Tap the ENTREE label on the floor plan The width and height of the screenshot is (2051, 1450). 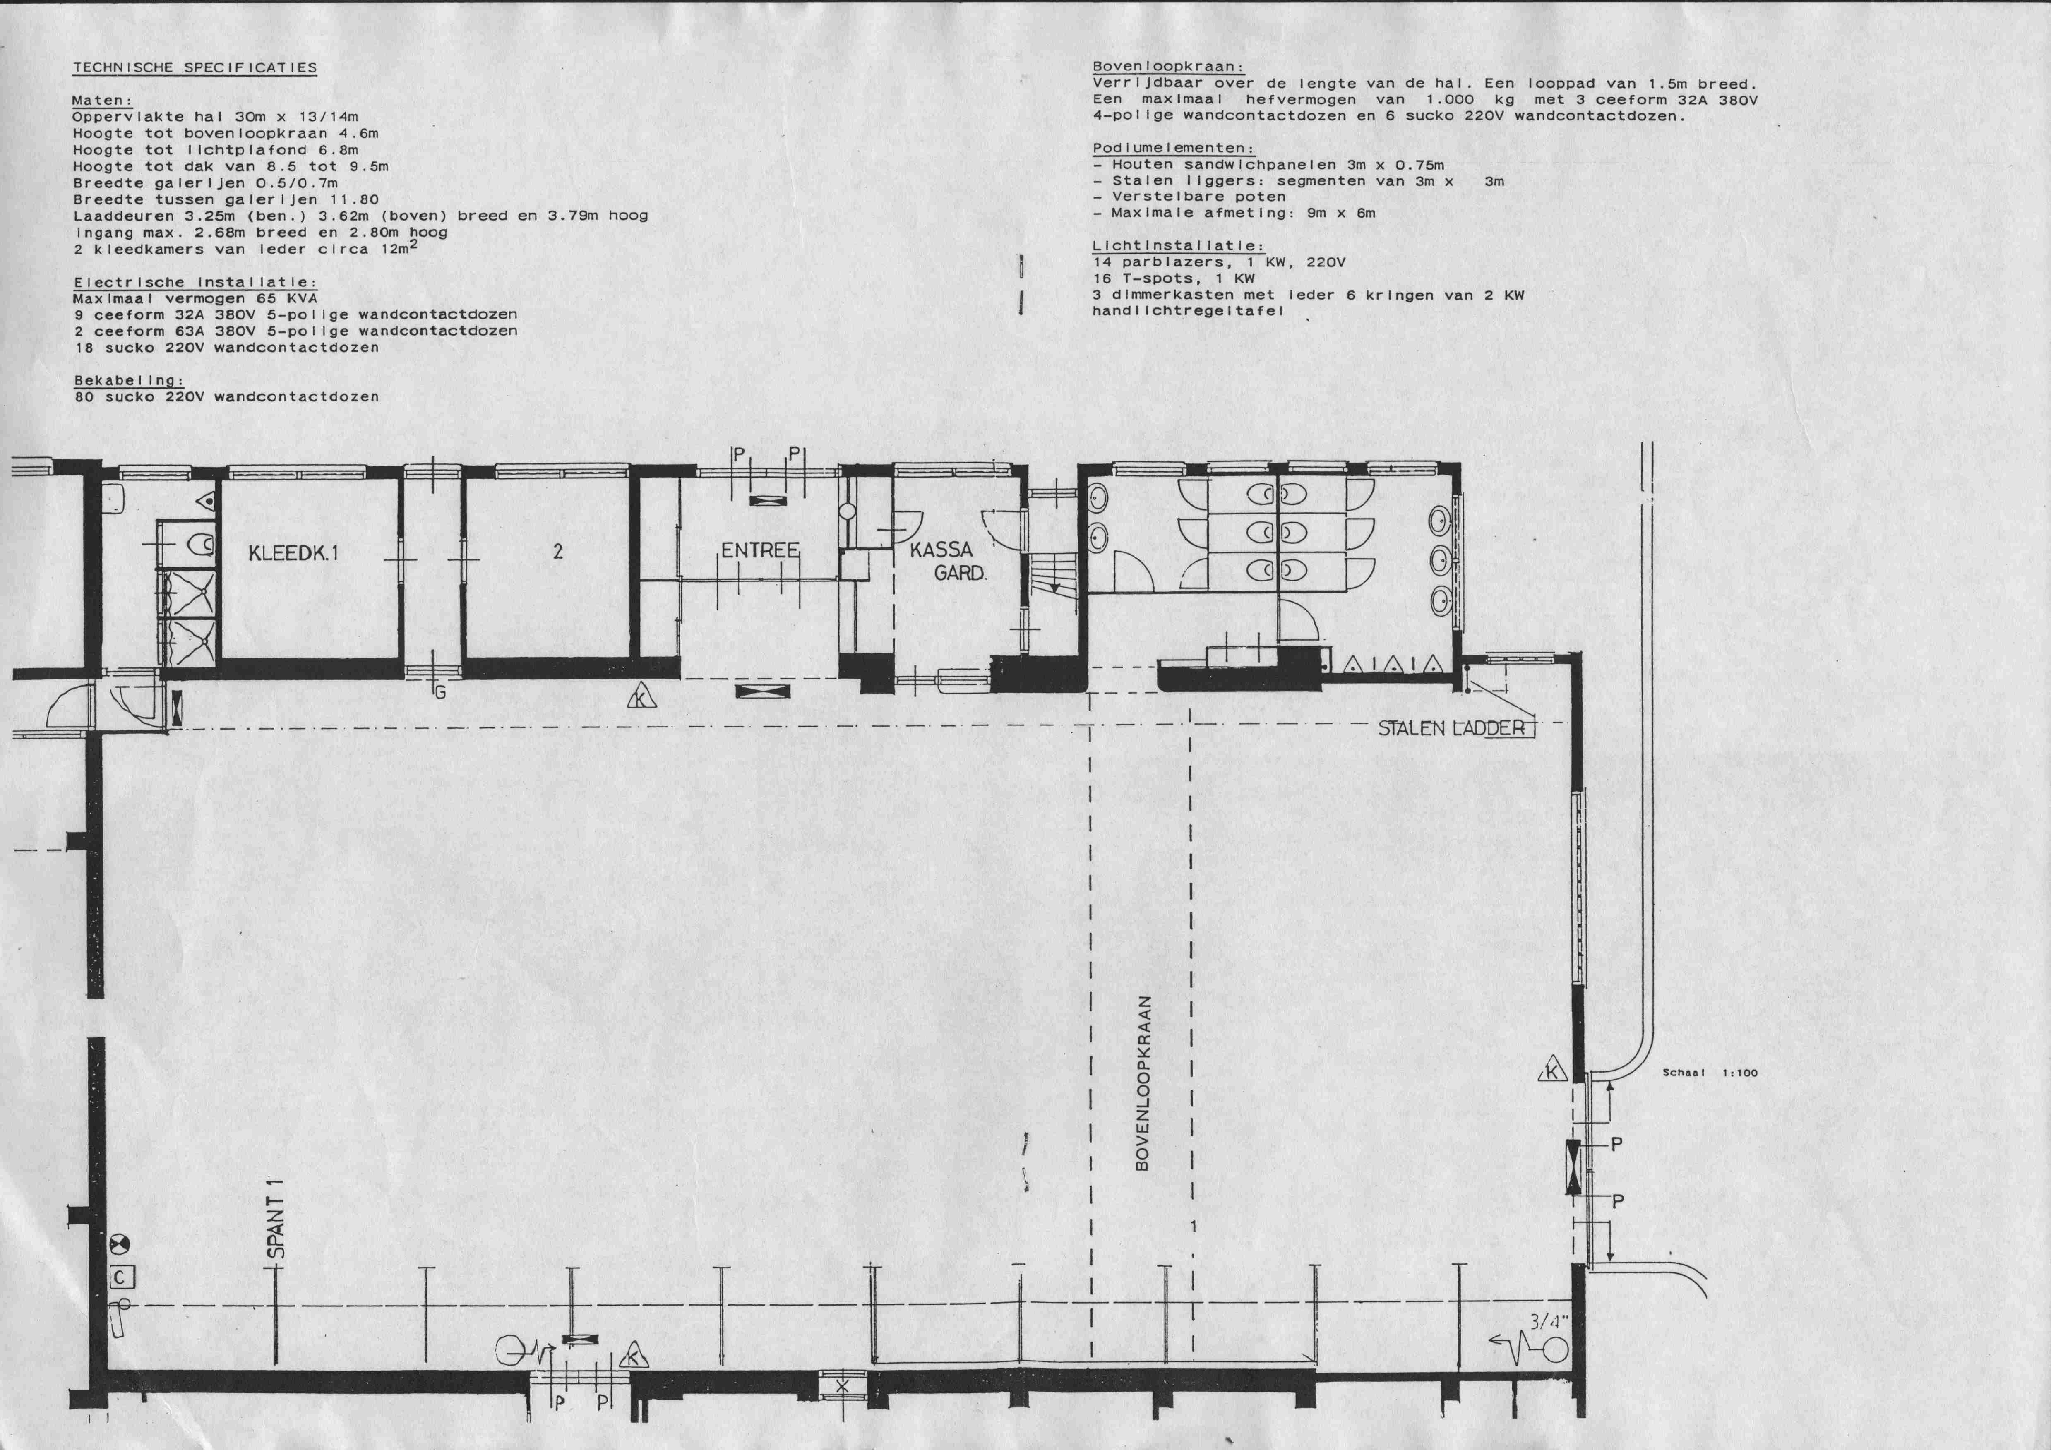(x=760, y=550)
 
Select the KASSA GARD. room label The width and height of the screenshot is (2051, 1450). (x=948, y=561)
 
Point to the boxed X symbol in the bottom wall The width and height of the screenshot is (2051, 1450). (x=841, y=1387)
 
